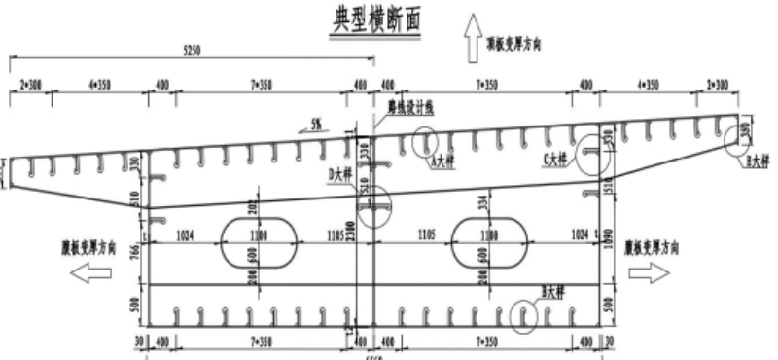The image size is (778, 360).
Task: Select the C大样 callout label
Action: (556, 158)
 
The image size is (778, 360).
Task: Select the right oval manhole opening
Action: (489, 242)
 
